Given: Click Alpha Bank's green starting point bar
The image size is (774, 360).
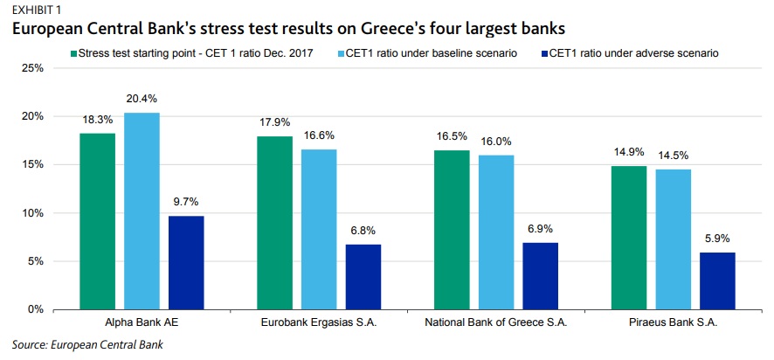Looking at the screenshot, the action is point(97,221).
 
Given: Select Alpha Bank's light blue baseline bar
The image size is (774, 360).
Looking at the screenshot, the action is point(142,211).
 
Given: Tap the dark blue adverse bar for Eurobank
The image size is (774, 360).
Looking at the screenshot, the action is point(363,277).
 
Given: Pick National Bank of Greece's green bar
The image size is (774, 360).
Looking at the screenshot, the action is point(452,230).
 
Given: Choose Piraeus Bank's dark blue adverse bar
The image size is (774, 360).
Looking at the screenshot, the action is point(718,281).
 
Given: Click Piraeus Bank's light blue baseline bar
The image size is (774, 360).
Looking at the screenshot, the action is point(674,239).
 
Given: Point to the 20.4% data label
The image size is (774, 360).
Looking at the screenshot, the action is point(142,99).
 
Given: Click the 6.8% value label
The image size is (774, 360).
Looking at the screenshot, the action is point(363,231).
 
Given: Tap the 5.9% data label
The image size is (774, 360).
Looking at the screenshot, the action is point(718,239).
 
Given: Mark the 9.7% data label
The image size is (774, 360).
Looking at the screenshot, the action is point(186,202).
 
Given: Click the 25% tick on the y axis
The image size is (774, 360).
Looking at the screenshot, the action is point(33,68).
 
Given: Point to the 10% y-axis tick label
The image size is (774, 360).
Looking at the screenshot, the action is point(33,213).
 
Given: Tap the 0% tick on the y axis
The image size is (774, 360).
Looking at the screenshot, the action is point(36,309).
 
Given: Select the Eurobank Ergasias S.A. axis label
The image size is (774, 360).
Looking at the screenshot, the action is point(319,323).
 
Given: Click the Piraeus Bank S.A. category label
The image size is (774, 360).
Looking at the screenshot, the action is point(673,323).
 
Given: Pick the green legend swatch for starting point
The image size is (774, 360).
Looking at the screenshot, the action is point(73,53).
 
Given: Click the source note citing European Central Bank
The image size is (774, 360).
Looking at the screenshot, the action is point(87,344).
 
